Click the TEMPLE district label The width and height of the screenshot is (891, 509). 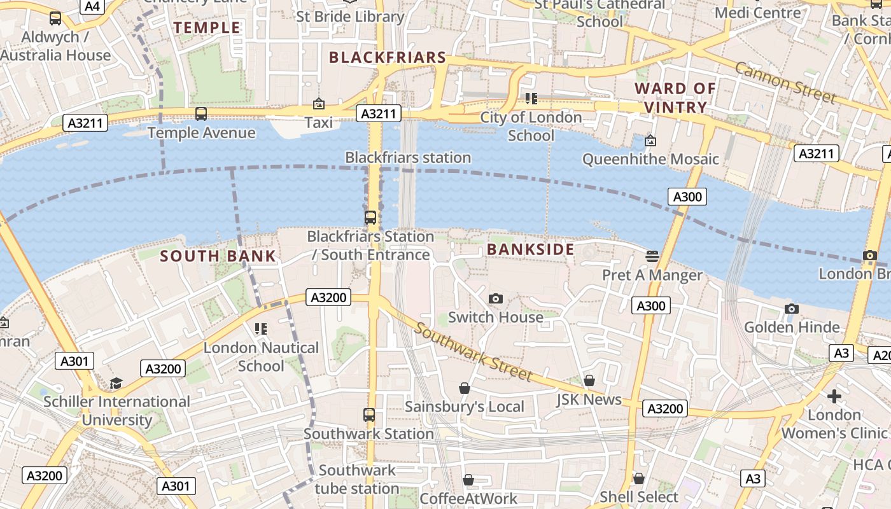click(207, 27)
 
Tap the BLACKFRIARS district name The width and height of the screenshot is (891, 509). click(388, 57)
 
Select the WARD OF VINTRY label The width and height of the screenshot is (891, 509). click(675, 97)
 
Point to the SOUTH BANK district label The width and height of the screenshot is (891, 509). click(218, 256)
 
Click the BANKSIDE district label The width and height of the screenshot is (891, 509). click(530, 249)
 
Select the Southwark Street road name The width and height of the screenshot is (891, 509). click(472, 351)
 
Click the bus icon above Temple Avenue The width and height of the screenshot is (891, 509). click(201, 114)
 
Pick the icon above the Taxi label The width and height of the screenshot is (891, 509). click(319, 104)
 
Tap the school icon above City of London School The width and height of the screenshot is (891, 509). click(531, 98)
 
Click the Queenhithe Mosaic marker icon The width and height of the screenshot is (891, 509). click(650, 140)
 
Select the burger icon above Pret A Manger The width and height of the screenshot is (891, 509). click(652, 256)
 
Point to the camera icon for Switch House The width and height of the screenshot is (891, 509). click(495, 298)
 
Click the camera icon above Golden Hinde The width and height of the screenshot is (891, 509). click(791, 309)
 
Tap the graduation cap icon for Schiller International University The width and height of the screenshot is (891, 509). click(116, 383)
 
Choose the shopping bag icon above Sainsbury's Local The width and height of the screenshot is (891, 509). click(465, 388)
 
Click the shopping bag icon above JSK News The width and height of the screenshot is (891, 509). click(589, 380)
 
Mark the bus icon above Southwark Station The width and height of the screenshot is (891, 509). click(369, 415)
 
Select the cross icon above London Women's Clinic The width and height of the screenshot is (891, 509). click(834, 396)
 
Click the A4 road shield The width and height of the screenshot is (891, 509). click(92, 6)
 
